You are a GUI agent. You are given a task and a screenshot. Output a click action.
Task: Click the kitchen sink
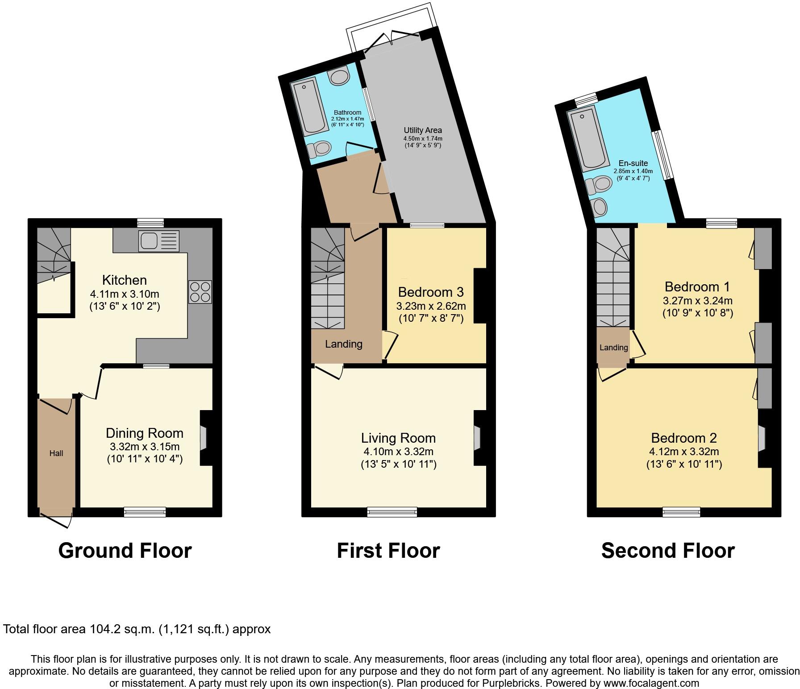[158, 241]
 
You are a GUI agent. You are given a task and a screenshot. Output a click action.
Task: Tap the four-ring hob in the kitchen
[200, 292]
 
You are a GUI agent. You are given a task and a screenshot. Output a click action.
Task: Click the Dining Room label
[144, 433]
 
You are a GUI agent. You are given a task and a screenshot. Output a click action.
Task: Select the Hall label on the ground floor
[56, 453]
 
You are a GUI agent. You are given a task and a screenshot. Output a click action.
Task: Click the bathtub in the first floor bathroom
[308, 106]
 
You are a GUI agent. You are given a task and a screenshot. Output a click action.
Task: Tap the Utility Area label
[422, 130]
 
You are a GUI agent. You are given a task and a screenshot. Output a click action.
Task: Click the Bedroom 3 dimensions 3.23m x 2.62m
[431, 306]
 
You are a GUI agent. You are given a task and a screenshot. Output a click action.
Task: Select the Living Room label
[398, 438]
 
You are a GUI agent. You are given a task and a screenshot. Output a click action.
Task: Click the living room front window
[392, 512]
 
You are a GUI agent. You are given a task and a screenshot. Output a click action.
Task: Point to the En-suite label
[633, 163]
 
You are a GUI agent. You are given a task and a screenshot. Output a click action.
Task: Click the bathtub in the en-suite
[588, 139]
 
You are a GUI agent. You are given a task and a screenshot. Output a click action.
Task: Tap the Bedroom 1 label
[697, 286]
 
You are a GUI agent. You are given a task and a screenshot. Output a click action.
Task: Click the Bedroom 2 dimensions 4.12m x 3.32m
[683, 452]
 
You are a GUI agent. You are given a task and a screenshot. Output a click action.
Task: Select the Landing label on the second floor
[613, 348]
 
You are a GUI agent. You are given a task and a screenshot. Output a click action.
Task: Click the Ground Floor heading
[125, 550]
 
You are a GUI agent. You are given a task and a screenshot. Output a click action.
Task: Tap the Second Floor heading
[668, 550]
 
